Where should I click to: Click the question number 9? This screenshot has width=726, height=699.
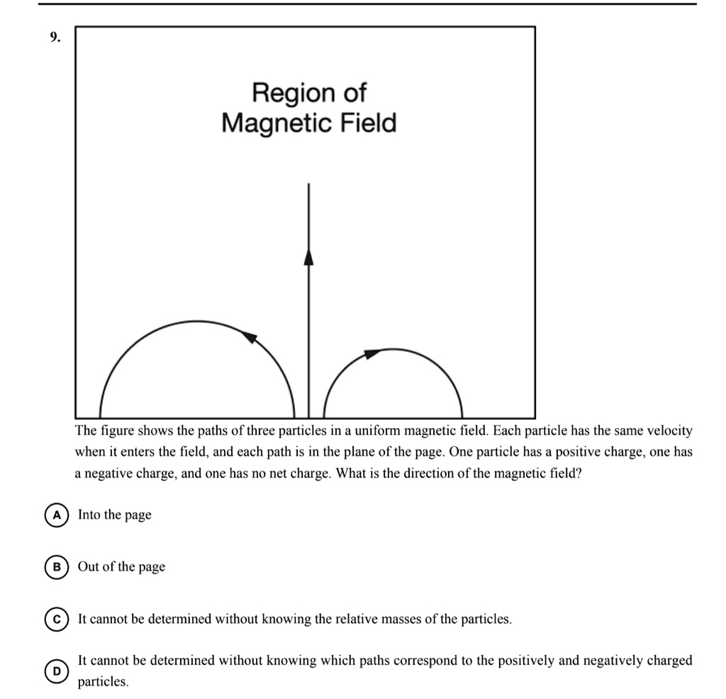click(53, 38)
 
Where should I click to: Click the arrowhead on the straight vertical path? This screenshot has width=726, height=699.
click(308, 256)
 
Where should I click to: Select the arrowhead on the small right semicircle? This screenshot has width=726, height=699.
click(372, 353)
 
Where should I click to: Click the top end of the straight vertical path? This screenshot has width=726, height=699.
click(308, 185)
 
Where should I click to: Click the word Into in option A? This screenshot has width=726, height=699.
click(89, 515)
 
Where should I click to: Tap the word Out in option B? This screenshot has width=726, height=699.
click(89, 567)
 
